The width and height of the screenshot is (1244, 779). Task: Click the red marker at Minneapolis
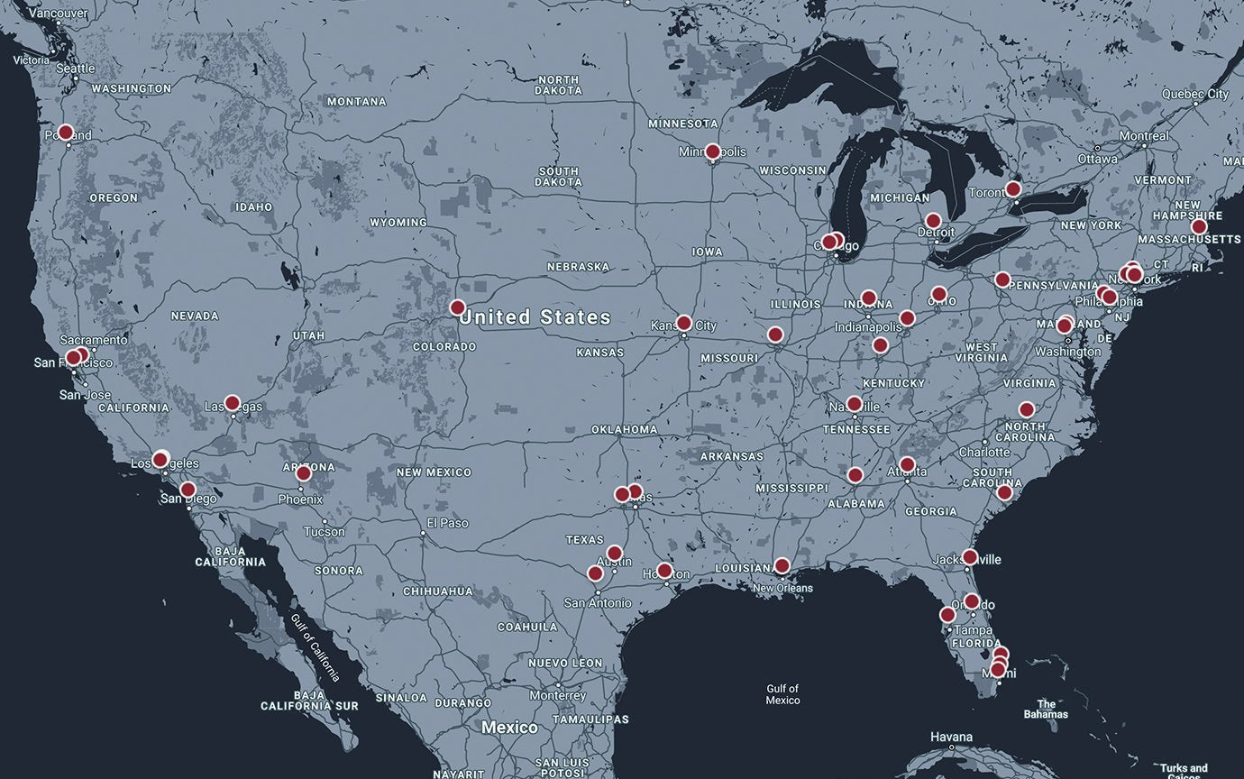[x=712, y=151]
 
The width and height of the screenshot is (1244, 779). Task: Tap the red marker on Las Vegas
[x=232, y=403]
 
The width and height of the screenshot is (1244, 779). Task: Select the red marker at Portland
[x=65, y=133]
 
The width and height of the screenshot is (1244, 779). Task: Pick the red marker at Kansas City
[x=683, y=323]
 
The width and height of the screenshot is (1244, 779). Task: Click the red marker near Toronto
[x=1012, y=189]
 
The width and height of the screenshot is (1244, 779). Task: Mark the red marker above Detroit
[x=933, y=221]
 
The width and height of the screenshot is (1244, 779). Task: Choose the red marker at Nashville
[x=854, y=404]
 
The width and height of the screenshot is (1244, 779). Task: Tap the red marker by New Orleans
[x=782, y=565]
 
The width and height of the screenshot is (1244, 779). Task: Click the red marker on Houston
[x=664, y=571]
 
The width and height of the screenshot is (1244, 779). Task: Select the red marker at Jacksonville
[x=969, y=557]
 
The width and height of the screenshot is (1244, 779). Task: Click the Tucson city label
[x=324, y=531]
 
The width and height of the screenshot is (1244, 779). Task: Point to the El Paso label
[x=448, y=523]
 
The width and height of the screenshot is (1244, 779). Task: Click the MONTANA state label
[x=356, y=102]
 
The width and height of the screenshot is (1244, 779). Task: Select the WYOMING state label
[x=398, y=222]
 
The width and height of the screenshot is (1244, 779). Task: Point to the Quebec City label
[x=1194, y=94]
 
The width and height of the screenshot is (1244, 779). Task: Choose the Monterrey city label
[x=558, y=695]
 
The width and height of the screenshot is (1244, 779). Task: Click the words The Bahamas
[x=1046, y=709]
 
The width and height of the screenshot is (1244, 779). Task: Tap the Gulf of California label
[x=316, y=647]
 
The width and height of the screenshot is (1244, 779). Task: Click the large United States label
[x=535, y=317]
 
